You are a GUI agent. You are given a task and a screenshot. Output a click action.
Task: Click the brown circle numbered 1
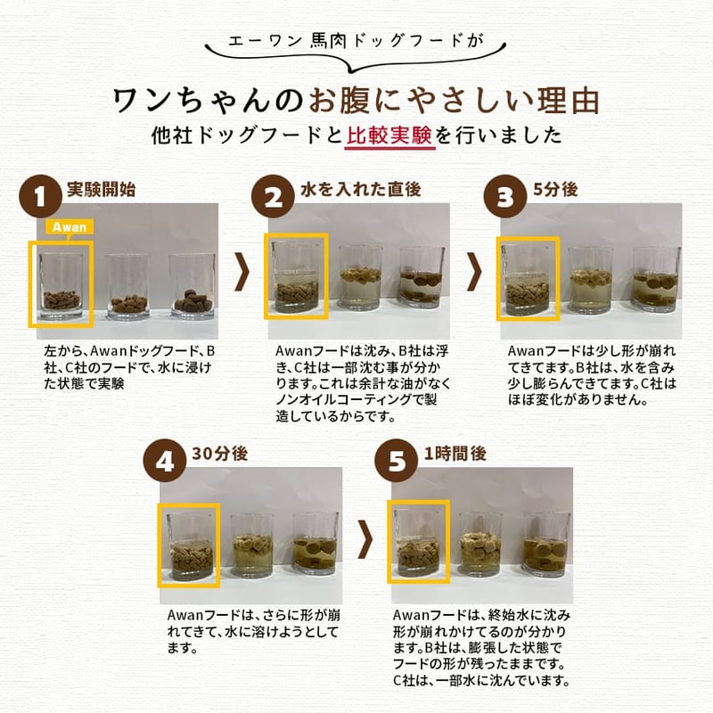[x=40, y=196]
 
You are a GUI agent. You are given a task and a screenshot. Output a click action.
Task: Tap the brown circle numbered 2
[x=273, y=196]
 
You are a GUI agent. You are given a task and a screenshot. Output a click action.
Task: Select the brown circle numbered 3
[x=505, y=196]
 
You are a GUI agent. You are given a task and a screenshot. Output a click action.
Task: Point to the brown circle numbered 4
[x=165, y=461]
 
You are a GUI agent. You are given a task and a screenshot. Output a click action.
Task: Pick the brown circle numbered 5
[x=396, y=461]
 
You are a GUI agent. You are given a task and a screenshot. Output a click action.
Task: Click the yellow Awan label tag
[x=70, y=227]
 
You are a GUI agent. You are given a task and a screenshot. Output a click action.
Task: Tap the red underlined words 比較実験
[x=389, y=135]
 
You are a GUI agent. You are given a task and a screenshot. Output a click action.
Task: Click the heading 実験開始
[x=101, y=189]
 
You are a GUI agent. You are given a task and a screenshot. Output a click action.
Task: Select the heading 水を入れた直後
[x=361, y=189]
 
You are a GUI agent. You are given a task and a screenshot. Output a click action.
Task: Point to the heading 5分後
[x=555, y=189]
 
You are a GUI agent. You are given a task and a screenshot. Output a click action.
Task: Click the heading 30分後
[x=220, y=454]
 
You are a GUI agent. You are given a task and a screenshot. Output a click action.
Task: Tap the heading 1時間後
[x=455, y=454]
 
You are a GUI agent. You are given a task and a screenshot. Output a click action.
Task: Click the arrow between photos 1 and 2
[x=242, y=272]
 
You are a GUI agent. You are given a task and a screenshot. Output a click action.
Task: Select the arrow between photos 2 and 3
[x=474, y=272]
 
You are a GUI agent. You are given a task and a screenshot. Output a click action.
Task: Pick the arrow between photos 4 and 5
[x=365, y=539]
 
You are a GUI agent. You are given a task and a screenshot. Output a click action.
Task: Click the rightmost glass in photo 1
[x=193, y=285]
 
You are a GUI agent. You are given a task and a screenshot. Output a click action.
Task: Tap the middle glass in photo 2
[x=361, y=278]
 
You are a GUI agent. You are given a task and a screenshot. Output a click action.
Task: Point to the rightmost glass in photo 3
[x=657, y=279]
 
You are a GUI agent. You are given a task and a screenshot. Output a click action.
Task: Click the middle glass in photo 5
[x=480, y=544]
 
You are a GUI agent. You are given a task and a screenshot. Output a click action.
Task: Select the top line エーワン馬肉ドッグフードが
[x=356, y=41]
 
